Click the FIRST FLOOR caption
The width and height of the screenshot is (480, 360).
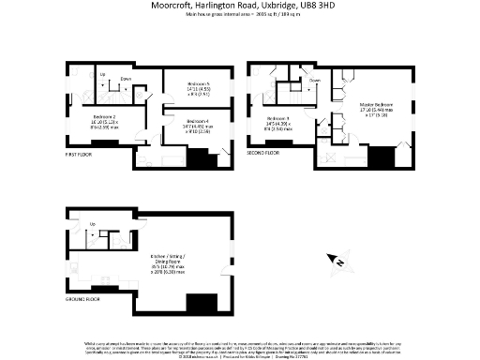pos(80,152)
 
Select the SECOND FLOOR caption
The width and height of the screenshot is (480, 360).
pos(263,152)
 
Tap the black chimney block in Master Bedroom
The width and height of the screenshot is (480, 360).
pos(382,157)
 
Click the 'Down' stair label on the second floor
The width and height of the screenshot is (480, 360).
pos(315,82)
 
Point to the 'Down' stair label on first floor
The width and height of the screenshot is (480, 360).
pos(125,80)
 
